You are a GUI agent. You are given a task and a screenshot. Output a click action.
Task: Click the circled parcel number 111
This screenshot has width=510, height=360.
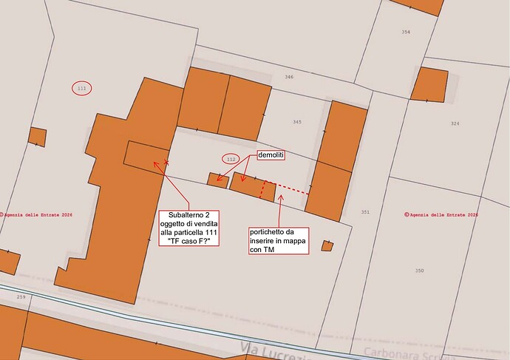coord(82,89)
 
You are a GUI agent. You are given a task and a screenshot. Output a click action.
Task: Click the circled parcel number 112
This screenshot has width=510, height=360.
coord(231,159)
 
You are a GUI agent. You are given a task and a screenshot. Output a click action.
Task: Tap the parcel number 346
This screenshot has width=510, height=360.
coord(289,77)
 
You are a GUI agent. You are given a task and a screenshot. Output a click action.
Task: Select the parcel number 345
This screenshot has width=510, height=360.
coord(296,122)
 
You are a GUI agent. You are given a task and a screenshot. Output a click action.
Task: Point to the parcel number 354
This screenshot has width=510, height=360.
coord(406,33)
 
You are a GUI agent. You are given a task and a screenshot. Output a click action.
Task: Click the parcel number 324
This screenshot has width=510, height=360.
coord(455,123)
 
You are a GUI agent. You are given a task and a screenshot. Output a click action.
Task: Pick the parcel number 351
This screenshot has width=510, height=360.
coord(364,212)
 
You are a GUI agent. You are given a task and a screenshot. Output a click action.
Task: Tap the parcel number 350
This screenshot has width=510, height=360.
coord(419,271)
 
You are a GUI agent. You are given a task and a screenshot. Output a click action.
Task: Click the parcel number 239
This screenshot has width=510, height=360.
coord(21,297)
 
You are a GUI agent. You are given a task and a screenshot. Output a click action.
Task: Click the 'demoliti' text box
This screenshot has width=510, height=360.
coord(271,156)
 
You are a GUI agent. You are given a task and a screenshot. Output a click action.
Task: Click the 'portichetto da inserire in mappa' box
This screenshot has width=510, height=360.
coord(277,240)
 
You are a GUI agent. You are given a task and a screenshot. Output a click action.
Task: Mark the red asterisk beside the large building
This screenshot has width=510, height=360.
coord(167,161)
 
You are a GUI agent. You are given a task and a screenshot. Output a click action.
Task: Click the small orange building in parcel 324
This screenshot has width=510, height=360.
coord(430,85)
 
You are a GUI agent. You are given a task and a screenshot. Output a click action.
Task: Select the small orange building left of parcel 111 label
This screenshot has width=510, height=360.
coord(38,137)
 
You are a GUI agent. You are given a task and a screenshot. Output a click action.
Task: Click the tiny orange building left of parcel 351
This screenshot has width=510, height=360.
coord(327,245)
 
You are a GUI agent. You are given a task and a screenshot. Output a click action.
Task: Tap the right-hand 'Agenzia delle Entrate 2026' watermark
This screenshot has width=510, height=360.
coord(441,215)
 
